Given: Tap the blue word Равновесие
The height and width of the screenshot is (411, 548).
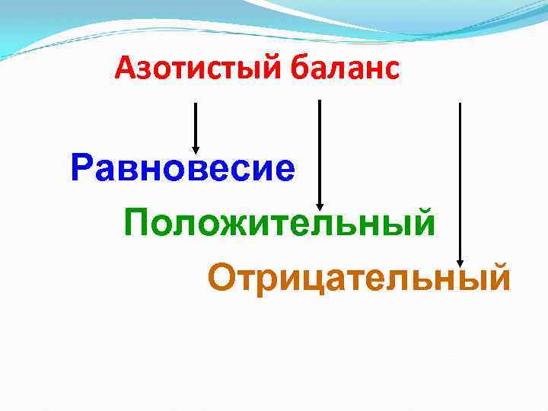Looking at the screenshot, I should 182,167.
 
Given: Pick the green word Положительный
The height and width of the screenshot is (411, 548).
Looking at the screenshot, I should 280,224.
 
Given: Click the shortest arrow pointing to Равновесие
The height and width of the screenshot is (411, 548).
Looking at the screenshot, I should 196,126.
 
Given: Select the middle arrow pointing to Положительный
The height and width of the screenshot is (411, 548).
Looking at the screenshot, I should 319,152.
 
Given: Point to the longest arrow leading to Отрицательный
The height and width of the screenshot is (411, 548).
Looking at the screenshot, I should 460,183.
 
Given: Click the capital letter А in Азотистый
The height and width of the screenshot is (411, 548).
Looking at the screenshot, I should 125,71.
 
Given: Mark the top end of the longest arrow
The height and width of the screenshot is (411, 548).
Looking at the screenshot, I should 460,105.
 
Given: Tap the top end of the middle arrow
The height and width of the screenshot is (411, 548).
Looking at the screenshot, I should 319,102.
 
